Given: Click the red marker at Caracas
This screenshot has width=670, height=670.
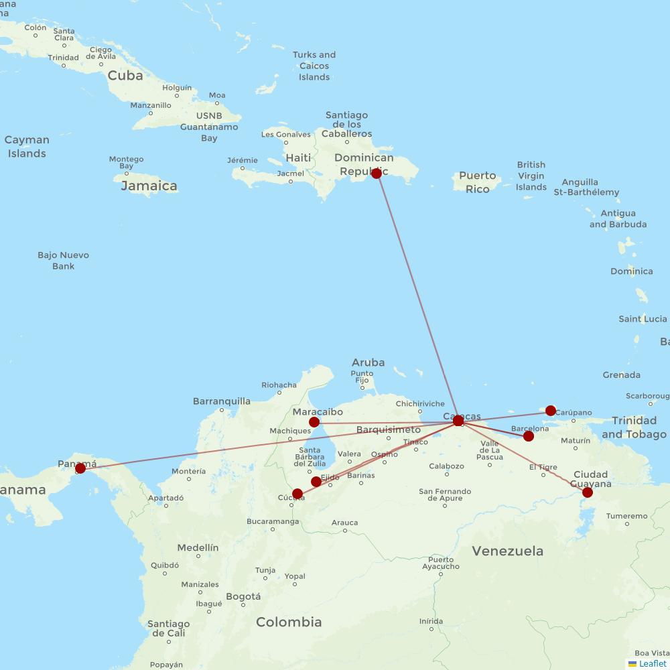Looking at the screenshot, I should pyautogui.click(x=458, y=421).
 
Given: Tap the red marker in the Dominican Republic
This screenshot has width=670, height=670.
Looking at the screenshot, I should pyautogui.click(x=377, y=174).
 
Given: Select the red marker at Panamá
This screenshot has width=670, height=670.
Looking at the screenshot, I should pyautogui.click(x=80, y=468).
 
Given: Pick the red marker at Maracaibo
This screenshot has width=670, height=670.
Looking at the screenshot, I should pyautogui.click(x=314, y=422).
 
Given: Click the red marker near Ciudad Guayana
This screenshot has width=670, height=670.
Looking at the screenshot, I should pyautogui.click(x=588, y=492).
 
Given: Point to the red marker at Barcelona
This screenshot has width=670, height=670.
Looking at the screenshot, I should pyautogui.click(x=529, y=436).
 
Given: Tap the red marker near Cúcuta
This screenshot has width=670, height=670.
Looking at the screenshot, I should pyautogui.click(x=297, y=494).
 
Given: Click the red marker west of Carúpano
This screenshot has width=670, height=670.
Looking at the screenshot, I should pyautogui.click(x=551, y=411).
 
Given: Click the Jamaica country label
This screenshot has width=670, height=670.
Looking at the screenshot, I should pyautogui.click(x=149, y=186).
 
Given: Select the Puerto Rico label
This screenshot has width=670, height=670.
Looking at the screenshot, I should pyautogui.click(x=478, y=182).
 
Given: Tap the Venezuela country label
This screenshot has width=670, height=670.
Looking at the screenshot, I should pyautogui.click(x=507, y=551).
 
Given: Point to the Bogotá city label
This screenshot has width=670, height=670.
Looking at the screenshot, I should pyautogui.click(x=243, y=596).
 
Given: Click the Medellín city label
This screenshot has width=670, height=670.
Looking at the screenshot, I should pyautogui.click(x=198, y=547).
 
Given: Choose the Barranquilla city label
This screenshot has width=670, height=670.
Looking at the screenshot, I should pyautogui.click(x=221, y=401).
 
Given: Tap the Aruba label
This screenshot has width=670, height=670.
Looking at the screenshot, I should pyautogui.click(x=368, y=362).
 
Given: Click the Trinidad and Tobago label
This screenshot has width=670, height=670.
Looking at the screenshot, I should pyautogui.click(x=634, y=427).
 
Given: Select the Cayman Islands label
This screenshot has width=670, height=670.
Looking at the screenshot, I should pyautogui.click(x=27, y=147).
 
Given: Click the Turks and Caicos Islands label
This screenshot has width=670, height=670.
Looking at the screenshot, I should pyautogui.click(x=314, y=66).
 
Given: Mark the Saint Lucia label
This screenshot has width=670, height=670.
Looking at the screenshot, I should pyautogui.click(x=643, y=319).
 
